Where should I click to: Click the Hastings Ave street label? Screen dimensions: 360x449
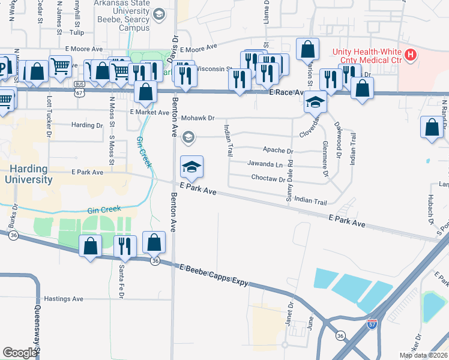[x=64, y=299]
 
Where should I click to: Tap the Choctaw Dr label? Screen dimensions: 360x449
[x=268, y=179]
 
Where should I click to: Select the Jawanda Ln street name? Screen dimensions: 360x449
[x=265, y=164]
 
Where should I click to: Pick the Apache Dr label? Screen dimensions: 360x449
[x=278, y=151]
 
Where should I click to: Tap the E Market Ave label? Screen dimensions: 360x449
[x=149, y=112]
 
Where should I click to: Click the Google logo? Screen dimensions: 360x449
[x=19, y=353]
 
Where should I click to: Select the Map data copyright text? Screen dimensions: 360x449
[x=423, y=355]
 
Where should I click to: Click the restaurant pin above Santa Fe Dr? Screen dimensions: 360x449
[x=125, y=245]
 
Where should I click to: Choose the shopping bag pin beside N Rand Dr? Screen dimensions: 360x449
[x=432, y=127]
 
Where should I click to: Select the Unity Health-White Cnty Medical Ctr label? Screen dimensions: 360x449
[x=366, y=56]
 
